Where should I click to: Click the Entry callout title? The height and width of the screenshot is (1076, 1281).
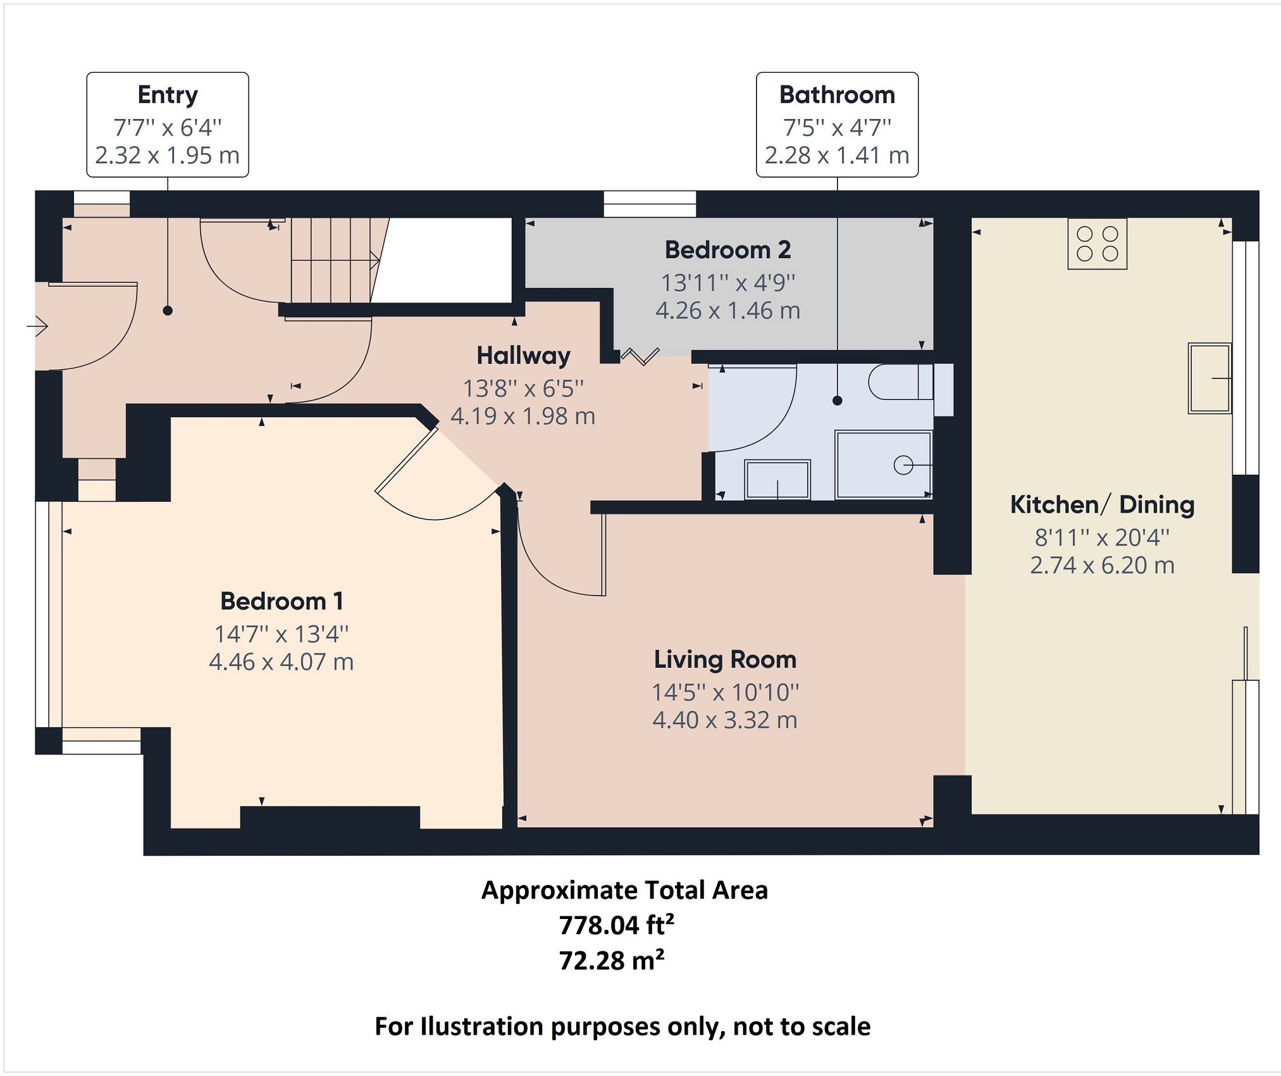pos(168,96)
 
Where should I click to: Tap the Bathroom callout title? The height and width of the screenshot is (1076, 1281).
pos(837,95)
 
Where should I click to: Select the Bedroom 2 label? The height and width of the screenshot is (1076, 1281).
pos(727,250)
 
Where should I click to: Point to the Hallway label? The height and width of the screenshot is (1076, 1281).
pos(523,356)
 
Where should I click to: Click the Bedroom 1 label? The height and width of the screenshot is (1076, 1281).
pos(282,601)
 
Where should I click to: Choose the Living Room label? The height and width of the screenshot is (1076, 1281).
pos(725,660)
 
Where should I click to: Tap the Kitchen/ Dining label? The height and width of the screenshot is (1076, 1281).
pos(1102,505)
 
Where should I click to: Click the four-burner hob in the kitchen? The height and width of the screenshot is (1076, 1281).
pos(1097,244)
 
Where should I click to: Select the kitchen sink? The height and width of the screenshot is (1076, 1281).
pos(1210,378)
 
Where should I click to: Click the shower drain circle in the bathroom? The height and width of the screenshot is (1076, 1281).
pos(903,465)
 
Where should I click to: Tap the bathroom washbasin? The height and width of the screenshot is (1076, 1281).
pos(777,480)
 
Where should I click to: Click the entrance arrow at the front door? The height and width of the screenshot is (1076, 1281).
pos(37,327)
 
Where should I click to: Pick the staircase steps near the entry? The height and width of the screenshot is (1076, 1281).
pos(335,260)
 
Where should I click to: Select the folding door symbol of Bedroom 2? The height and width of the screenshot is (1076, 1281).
pos(640,356)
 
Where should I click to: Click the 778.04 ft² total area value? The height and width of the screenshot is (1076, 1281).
pos(616,925)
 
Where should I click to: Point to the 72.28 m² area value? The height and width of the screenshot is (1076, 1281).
pos(611,961)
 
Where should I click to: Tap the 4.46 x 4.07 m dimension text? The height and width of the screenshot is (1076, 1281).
pos(281,662)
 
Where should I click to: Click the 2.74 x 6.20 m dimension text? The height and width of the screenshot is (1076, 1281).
pos(1102,565)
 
